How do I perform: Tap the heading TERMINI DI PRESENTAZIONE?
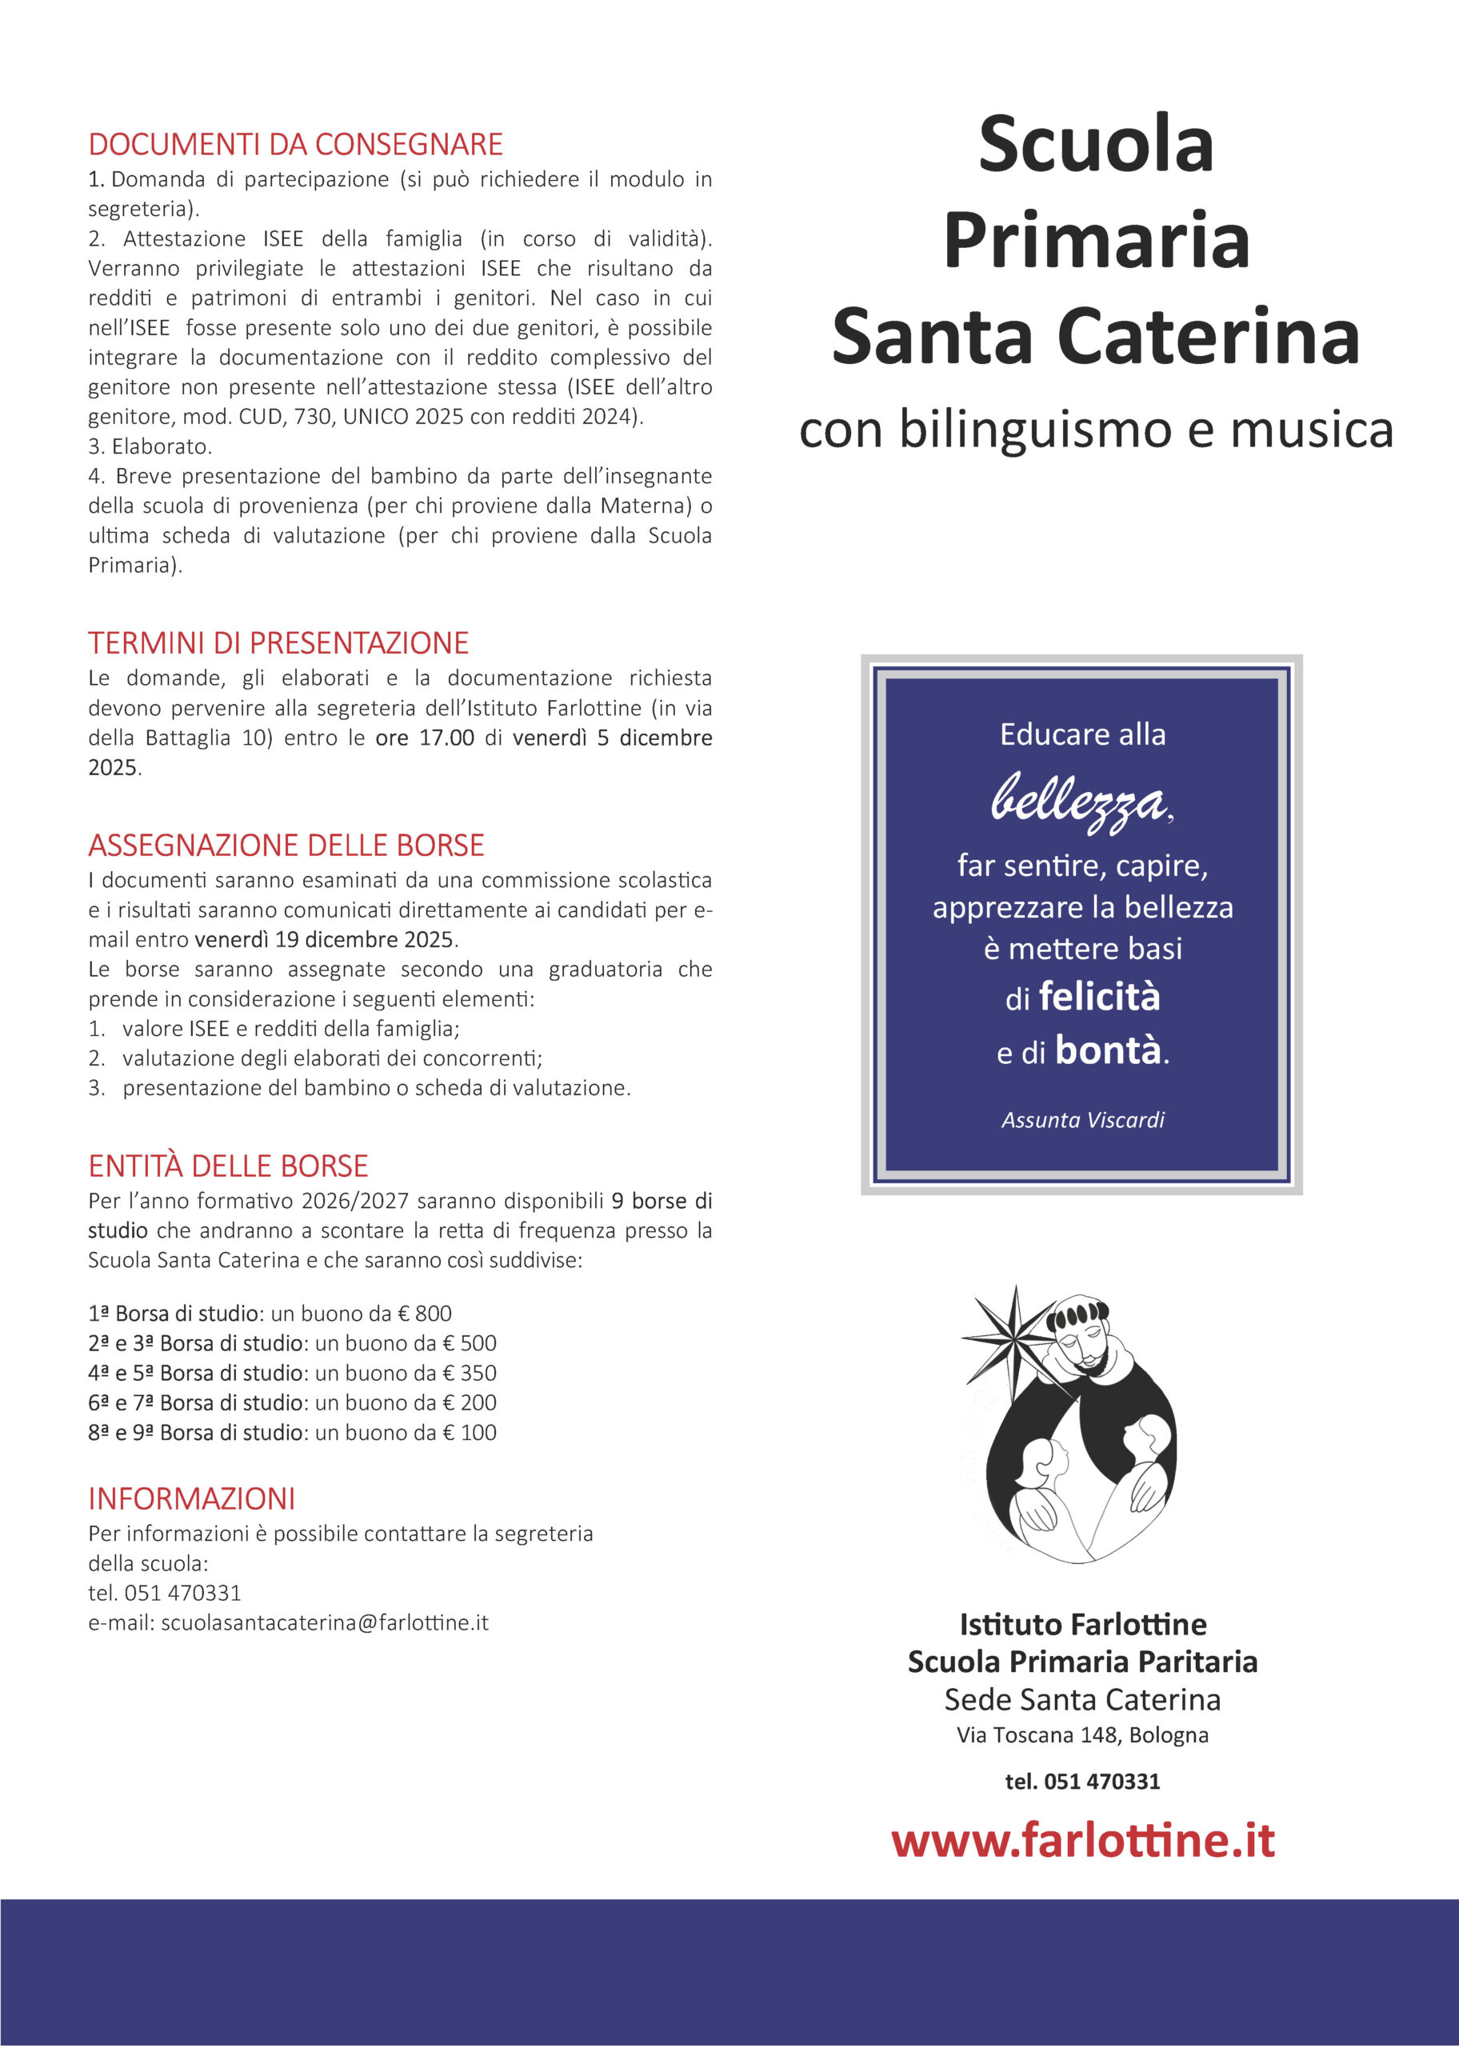point(278,643)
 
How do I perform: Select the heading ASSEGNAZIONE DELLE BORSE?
point(286,846)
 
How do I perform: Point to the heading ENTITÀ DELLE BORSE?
point(228,1166)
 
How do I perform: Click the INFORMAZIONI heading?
point(191,1498)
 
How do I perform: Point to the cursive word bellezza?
point(1079,799)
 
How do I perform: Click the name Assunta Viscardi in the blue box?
point(1082,1120)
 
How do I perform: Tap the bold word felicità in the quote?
point(1099,997)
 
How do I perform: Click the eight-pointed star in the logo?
point(1013,1337)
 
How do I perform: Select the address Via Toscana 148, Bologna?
point(1082,1734)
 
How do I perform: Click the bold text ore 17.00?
point(424,738)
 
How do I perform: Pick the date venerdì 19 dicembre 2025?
point(324,939)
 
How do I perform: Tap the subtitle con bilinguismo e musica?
point(1096,430)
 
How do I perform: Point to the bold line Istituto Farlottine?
point(1082,1624)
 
